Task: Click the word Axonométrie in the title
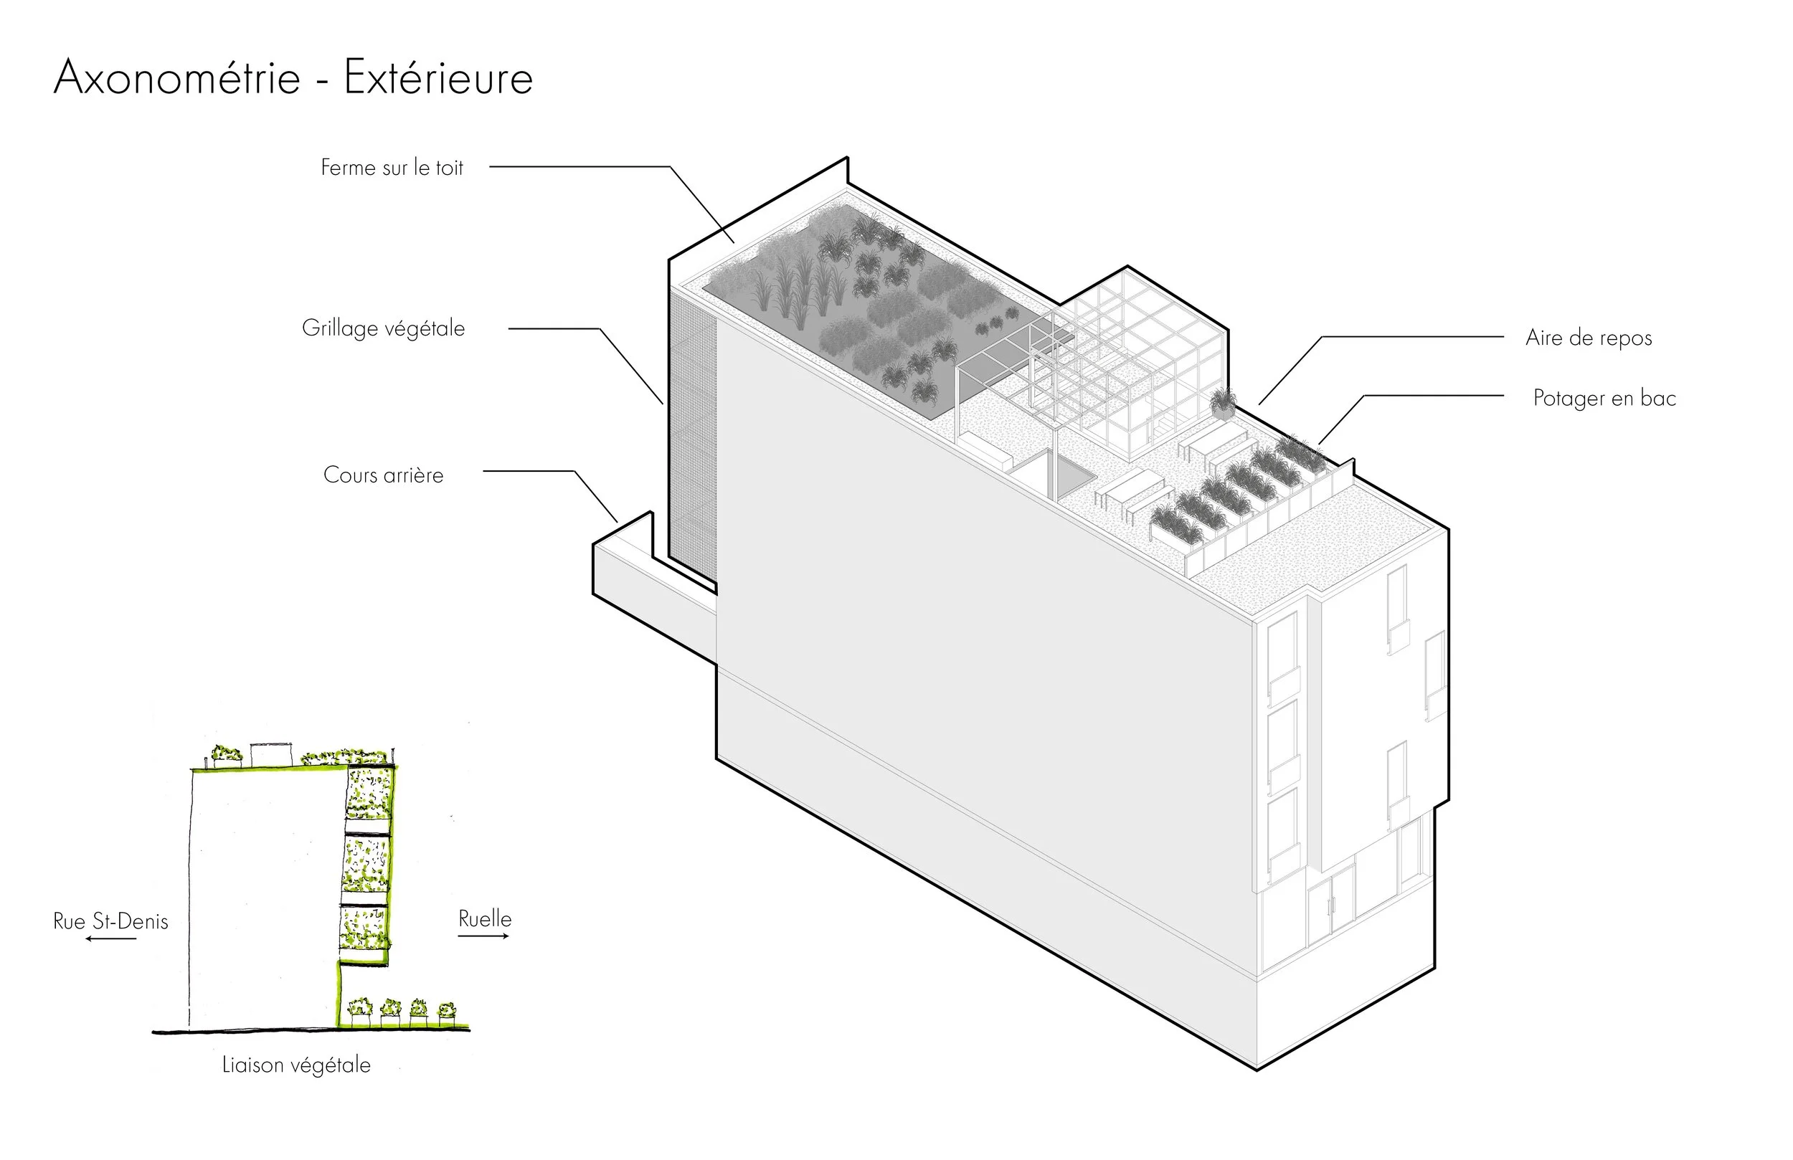click(x=177, y=77)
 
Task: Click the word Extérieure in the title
click(x=438, y=77)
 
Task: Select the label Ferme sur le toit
click(x=392, y=167)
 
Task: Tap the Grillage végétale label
click(x=384, y=328)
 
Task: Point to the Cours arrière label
click(x=384, y=475)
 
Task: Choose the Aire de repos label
click(x=1588, y=338)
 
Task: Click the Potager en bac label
click(x=1604, y=398)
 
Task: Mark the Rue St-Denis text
click(x=110, y=921)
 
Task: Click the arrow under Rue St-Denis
click(x=110, y=939)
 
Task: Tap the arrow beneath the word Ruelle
click(x=483, y=936)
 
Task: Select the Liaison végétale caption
click(x=296, y=1065)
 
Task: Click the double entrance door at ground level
click(x=1331, y=907)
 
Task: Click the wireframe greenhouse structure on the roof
click(x=1130, y=354)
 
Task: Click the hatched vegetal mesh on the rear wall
click(x=692, y=437)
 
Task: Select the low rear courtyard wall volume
click(x=648, y=588)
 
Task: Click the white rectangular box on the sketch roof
click(x=271, y=754)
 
